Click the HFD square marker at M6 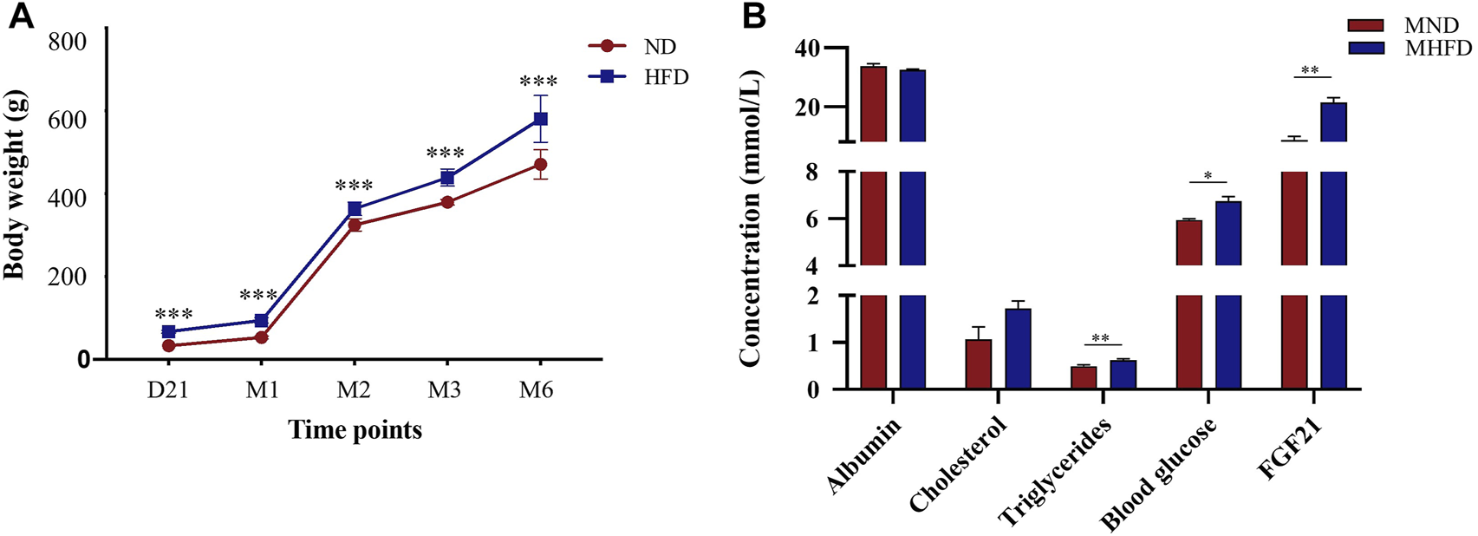coord(539,119)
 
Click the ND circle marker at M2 coord(354,225)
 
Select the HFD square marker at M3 coord(447,178)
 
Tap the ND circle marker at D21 coord(169,345)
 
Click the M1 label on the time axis coord(262,390)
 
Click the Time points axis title coord(355,429)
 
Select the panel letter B coord(752,17)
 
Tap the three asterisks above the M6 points coord(537,82)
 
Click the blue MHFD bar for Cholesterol coord(1018,349)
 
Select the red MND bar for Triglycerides coord(1084,378)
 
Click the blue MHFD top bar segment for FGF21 coord(1332,121)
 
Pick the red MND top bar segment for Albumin coord(873,103)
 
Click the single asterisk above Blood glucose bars coord(1208,175)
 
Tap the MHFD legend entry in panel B coord(1413,48)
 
